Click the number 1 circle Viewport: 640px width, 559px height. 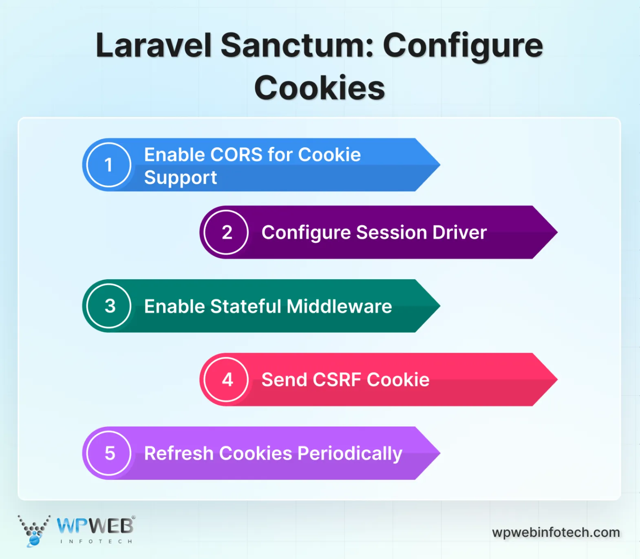pos(108,165)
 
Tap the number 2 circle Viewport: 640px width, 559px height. pos(226,232)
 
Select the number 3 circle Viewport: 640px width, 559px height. pos(109,306)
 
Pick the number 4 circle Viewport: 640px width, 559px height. pos(226,380)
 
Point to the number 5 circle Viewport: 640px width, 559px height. pos(109,453)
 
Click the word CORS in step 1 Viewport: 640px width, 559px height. pos(236,155)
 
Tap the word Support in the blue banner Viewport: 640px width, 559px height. pos(181,178)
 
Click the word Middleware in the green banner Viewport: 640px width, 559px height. pos(339,306)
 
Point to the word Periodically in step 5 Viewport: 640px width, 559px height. pos(350,454)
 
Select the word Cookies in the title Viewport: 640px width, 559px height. pos(320,88)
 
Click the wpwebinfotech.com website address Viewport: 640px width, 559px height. pos(556,532)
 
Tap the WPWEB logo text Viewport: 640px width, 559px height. pos(95,526)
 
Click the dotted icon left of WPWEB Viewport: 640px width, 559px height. pos(34,530)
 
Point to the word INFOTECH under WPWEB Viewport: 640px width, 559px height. pos(96,541)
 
